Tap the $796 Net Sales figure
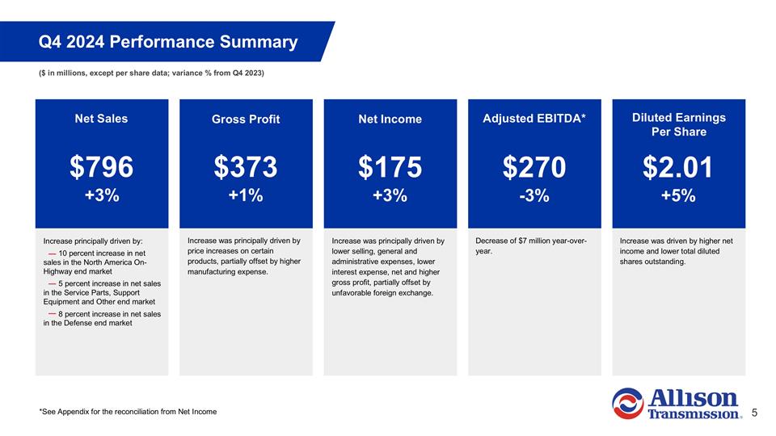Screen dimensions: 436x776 coord(102,167)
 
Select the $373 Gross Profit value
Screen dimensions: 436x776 coord(246,167)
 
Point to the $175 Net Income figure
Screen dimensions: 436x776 coord(390,167)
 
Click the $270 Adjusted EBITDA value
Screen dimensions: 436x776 coord(534,167)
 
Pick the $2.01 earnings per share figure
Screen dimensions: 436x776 coord(679,167)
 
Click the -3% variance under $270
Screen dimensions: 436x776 coord(534,196)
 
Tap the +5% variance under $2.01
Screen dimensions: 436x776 coord(679,197)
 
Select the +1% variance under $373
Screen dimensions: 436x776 coord(246,196)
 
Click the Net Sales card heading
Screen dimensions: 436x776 coord(102,119)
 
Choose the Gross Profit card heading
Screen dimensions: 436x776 coord(246,119)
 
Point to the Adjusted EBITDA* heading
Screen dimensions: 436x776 coord(534,119)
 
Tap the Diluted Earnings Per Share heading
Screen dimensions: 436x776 coord(679,124)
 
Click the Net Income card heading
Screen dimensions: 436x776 coord(390,119)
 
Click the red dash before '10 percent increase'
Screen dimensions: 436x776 coord(52,254)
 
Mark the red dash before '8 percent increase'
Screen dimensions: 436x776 coord(52,313)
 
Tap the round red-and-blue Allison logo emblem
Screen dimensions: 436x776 coord(627,404)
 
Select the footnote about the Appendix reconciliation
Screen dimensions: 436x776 coord(128,412)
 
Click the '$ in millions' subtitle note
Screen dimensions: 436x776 coord(152,73)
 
